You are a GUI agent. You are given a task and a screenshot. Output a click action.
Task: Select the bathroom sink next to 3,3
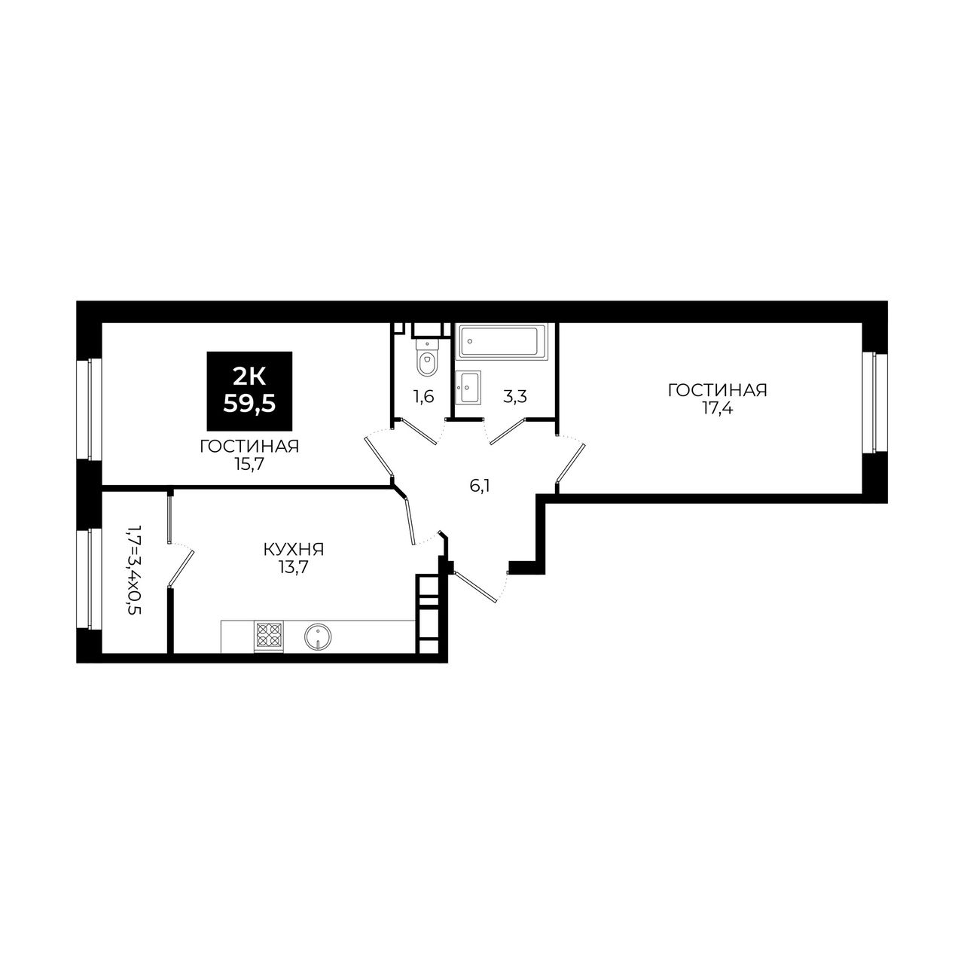tap(468, 386)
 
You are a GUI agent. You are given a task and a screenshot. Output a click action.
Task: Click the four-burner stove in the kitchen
tap(269, 636)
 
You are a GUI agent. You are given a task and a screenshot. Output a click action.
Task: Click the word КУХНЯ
tap(294, 550)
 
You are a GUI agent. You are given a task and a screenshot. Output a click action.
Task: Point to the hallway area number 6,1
tap(479, 487)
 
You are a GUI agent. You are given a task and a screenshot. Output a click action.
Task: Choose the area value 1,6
tap(424, 398)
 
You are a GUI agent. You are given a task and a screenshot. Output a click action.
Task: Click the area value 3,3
tap(514, 398)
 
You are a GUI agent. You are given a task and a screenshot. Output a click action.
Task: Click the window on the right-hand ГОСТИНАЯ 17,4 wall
tap(874, 403)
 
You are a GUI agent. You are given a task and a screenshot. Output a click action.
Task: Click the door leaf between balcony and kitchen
tap(181, 567)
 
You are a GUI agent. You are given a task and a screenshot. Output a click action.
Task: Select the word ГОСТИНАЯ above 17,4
tap(718, 391)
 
